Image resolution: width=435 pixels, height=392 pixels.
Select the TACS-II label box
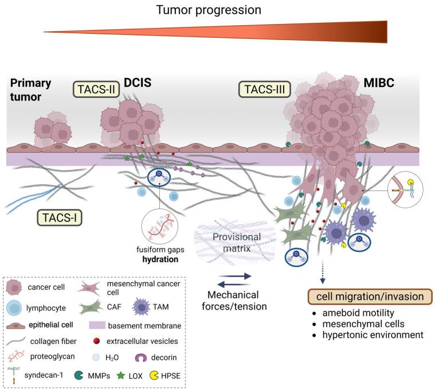point(95,89)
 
